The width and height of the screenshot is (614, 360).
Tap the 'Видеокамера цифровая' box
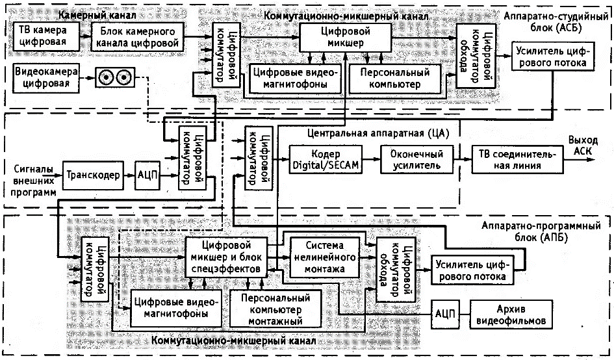44,77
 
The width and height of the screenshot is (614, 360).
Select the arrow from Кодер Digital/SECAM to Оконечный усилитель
372,160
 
